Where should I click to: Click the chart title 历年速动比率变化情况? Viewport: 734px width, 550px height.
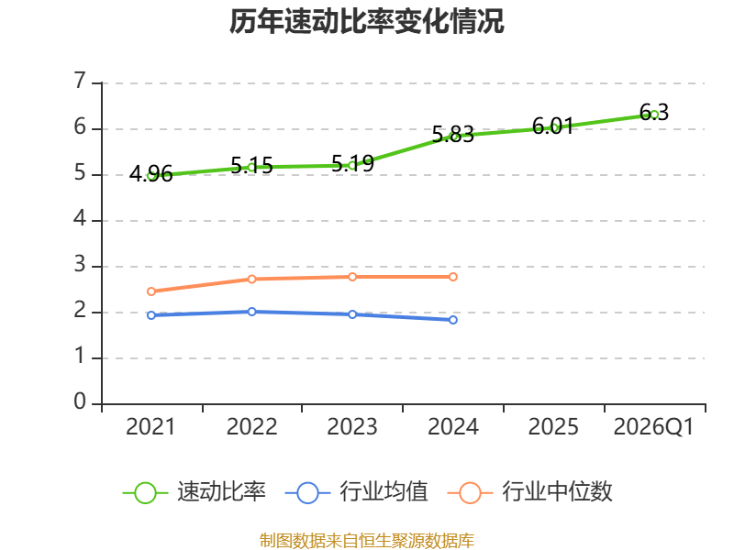pyautogui.click(x=366, y=21)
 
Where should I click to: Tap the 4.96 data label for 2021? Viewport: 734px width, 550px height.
pyautogui.click(x=150, y=174)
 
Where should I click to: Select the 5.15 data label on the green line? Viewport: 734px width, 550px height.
pyautogui.click(x=251, y=166)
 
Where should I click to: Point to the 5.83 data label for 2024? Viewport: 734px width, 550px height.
pyautogui.click(x=452, y=135)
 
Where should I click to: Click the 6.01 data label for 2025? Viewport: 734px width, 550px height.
pyautogui.click(x=553, y=126)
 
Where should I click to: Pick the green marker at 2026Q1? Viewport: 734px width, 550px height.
pyautogui.click(x=654, y=114)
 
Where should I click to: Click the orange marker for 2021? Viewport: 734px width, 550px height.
pyautogui.click(x=151, y=291)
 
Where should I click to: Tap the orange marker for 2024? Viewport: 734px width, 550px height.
pyautogui.click(x=453, y=277)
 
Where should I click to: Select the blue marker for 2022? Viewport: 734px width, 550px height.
pyautogui.click(x=251, y=312)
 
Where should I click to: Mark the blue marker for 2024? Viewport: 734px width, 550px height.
pyautogui.click(x=453, y=320)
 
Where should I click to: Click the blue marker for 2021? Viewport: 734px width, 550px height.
pyautogui.click(x=151, y=315)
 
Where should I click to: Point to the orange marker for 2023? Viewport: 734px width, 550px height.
pyautogui.click(x=352, y=277)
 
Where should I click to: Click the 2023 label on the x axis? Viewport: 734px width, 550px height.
pyautogui.click(x=352, y=426)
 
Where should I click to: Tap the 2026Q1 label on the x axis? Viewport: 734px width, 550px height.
pyautogui.click(x=653, y=427)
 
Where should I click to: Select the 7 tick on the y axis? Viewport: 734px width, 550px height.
pyautogui.click(x=80, y=81)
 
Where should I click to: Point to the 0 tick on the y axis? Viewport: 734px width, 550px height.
pyautogui.click(x=80, y=401)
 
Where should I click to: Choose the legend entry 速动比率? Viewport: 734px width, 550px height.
pyautogui.click(x=195, y=492)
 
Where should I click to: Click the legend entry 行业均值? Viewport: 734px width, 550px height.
pyautogui.click(x=357, y=492)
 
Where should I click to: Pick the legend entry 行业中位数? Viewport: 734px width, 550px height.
pyautogui.click(x=530, y=492)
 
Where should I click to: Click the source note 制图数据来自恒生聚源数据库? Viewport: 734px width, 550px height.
pyautogui.click(x=366, y=540)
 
